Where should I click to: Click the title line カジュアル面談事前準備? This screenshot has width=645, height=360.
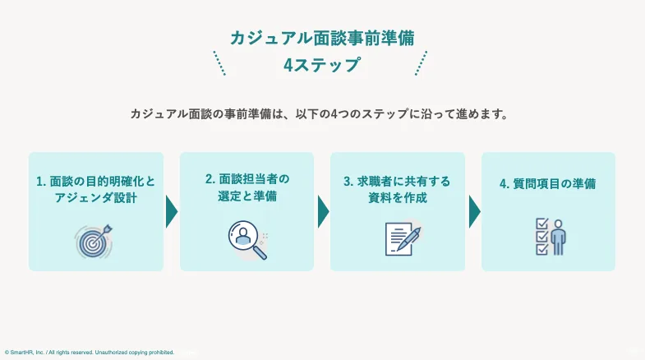[x=322, y=38]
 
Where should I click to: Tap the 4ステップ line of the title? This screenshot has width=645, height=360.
[x=322, y=65]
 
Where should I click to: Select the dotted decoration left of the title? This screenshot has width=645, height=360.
[x=219, y=63]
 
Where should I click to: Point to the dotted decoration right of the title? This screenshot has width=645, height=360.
[x=422, y=63]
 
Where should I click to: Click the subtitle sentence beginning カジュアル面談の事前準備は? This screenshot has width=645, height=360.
[x=321, y=114]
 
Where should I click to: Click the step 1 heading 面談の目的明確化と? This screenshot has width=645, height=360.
[x=95, y=181]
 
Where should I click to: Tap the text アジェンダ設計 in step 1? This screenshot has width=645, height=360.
[x=95, y=198]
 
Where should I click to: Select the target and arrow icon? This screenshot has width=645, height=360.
[x=94, y=240]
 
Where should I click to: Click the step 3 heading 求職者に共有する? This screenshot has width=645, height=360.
[x=398, y=181]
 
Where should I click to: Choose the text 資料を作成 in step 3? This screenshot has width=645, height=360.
[x=398, y=198]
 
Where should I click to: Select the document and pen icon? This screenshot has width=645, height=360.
[x=403, y=239]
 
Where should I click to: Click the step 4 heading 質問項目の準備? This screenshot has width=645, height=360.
[x=548, y=184]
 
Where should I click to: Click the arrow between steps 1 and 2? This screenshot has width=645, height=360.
[x=171, y=211]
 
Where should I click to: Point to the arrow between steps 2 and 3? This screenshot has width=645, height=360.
[x=323, y=211]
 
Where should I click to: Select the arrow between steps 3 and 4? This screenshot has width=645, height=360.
[x=474, y=211]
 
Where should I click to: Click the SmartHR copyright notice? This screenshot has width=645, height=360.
[x=90, y=353]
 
